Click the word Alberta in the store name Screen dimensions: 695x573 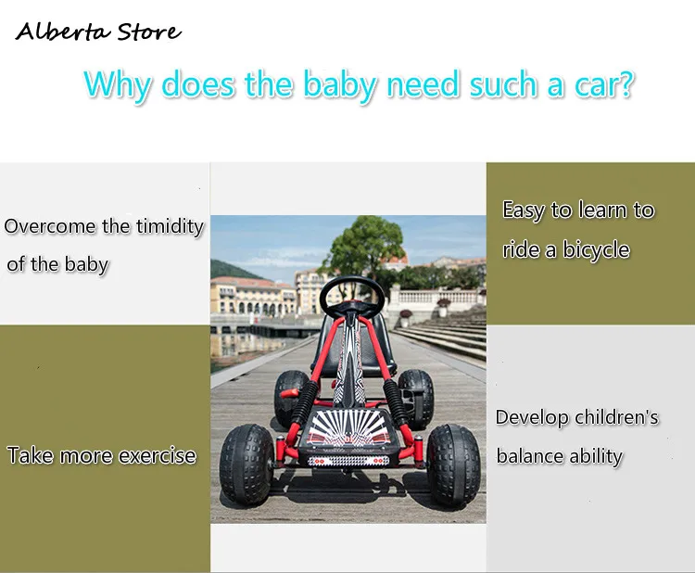62,32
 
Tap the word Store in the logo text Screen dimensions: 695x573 149,32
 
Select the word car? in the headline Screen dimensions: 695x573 604,84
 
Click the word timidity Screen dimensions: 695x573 170,226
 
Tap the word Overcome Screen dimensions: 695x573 50,226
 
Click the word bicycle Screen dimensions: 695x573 596,250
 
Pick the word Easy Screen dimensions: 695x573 524,210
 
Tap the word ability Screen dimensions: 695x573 596,457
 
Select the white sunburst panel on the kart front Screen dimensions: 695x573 347,428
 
